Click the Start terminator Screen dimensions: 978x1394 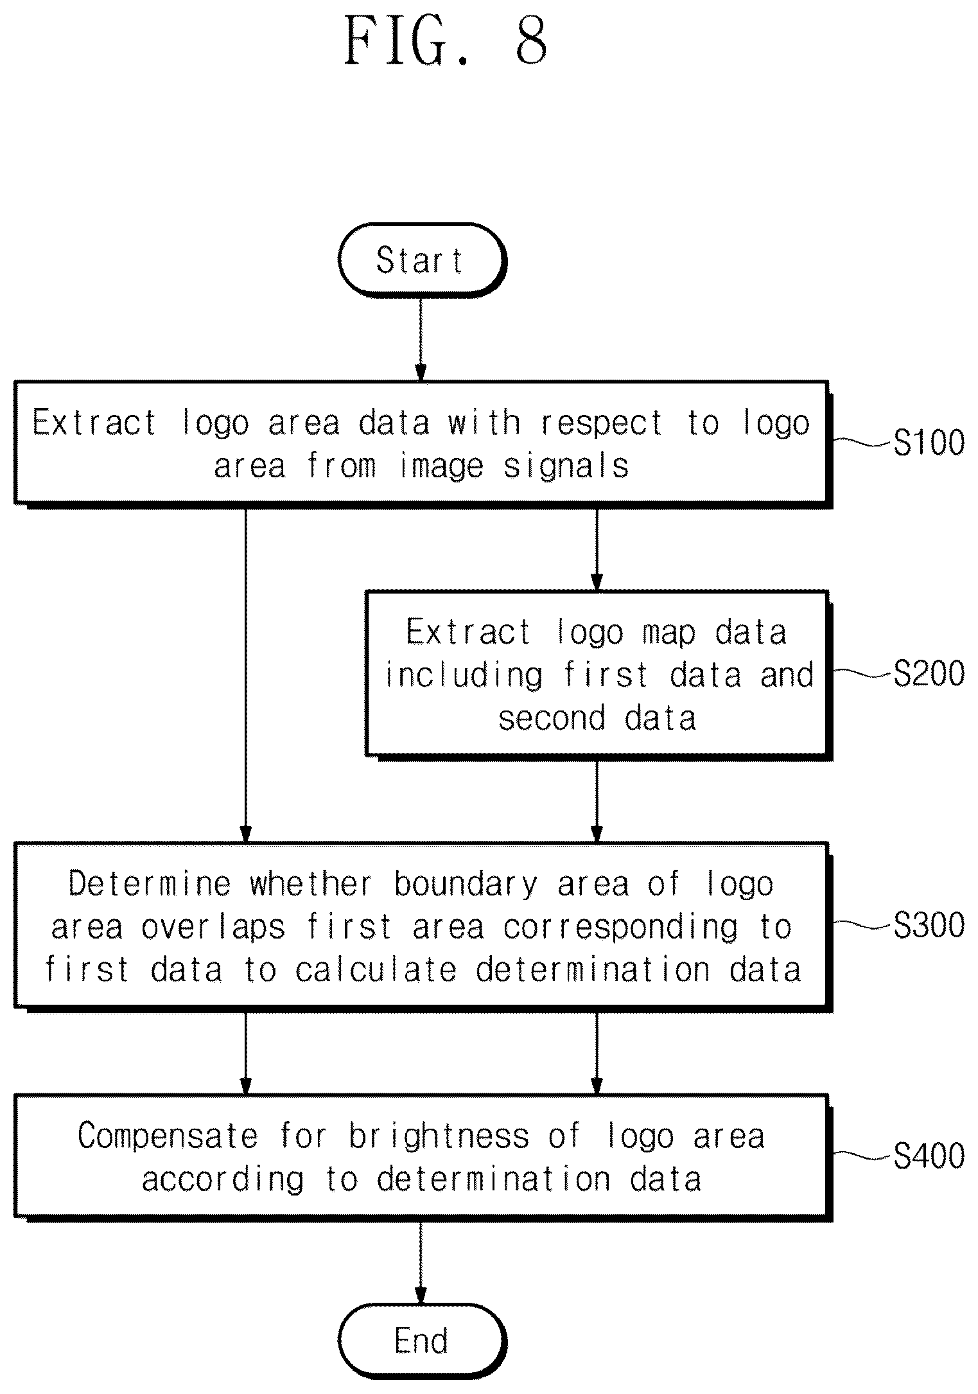point(422,260)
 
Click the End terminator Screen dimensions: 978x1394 point(422,1341)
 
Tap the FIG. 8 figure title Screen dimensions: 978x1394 point(447,40)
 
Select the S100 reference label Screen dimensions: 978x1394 point(929,443)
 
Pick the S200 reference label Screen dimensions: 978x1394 point(929,673)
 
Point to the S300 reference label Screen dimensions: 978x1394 point(929,925)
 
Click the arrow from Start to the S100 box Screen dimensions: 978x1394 point(421,339)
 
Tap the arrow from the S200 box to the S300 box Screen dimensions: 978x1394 point(597,800)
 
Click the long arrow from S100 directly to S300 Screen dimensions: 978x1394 point(245,675)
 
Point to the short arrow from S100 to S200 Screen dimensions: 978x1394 point(597,549)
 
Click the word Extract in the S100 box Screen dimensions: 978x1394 point(95,423)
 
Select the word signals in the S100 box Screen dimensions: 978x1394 point(566,466)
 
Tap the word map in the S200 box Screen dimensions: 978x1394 point(669,633)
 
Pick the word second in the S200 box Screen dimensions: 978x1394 point(552,718)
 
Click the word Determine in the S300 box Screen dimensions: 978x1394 point(150,884)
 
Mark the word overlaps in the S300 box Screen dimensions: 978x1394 point(213,928)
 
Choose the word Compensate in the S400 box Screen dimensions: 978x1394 point(168,1136)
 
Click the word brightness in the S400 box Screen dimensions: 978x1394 point(439,1136)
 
